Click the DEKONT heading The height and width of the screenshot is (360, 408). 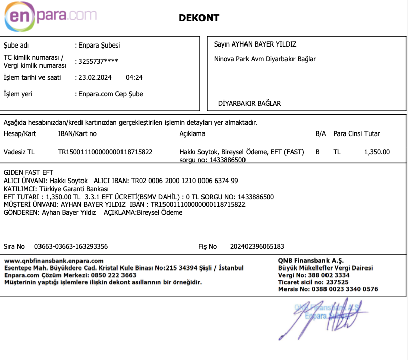[199, 18]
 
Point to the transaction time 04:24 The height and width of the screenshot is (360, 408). [134, 78]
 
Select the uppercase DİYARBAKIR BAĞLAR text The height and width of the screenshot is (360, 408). [250, 103]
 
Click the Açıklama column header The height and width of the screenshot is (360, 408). [192, 134]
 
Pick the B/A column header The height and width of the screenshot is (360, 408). [321, 134]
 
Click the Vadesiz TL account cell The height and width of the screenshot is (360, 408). [19, 152]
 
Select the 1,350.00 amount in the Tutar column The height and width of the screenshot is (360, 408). [377, 152]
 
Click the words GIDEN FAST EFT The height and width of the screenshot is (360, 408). [28, 173]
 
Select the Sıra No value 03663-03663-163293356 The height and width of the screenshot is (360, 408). [71, 246]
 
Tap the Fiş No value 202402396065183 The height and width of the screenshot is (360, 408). [257, 246]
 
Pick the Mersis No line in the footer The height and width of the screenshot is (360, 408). [328, 289]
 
